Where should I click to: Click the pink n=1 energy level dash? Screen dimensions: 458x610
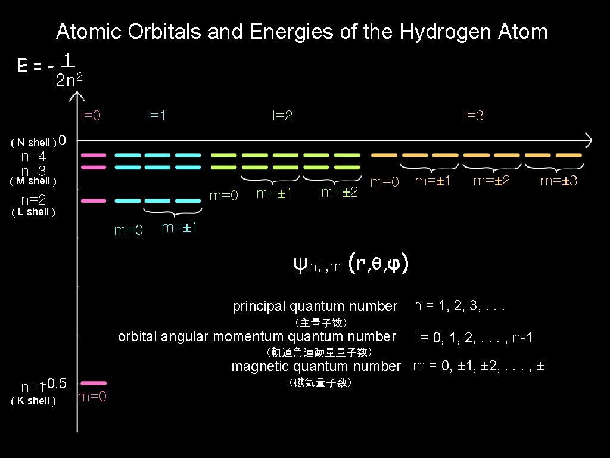point(94,382)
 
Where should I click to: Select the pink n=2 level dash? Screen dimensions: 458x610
point(94,201)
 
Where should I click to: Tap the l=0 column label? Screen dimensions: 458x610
point(91,116)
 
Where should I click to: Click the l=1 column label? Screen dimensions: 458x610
point(156,116)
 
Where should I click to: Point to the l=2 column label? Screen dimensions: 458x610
point(282,116)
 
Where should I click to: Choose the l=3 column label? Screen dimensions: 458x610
point(474,116)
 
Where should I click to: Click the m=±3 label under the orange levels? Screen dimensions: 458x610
point(558,180)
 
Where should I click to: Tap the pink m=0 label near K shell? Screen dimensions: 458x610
point(92,397)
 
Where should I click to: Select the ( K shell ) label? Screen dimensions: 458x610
point(33,401)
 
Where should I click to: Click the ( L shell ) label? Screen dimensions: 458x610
point(33,212)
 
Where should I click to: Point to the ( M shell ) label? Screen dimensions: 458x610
point(33,180)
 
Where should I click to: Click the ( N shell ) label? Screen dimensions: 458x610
point(33,143)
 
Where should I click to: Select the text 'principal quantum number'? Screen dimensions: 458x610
point(315,307)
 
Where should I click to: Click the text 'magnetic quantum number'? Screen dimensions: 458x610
point(316,366)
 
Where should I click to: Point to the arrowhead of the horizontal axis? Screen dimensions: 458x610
point(589,141)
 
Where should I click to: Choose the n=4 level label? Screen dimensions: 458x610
point(33,157)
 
